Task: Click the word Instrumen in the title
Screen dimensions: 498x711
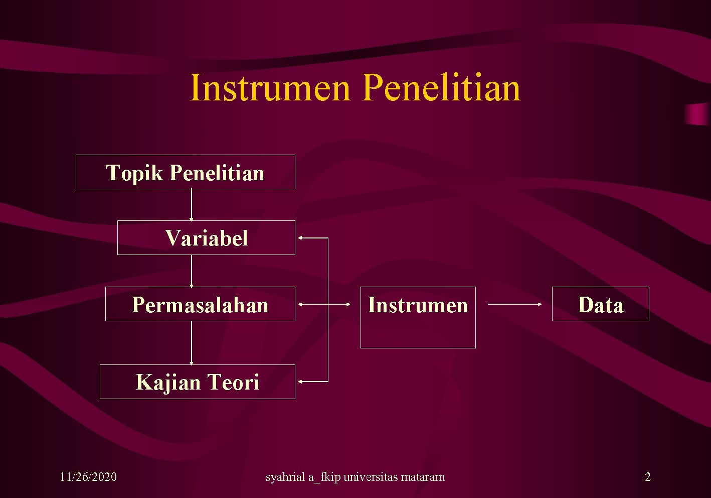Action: [269, 88]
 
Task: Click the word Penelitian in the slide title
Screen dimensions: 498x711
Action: [441, 88]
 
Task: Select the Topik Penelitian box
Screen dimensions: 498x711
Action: [185, 172]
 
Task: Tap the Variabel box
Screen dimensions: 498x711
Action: [206, 238]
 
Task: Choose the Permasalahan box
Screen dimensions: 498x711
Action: [200, 304]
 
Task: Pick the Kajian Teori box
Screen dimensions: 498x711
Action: [197, 382]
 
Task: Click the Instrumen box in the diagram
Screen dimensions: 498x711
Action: [418, 317]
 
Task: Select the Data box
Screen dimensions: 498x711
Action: [600, 304]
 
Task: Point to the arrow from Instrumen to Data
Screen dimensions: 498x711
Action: [514, 304]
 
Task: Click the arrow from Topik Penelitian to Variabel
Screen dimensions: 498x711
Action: [191, 205]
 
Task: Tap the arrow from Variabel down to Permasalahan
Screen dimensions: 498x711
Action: [191, 271]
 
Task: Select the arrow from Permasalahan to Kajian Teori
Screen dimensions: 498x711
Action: [191, 343]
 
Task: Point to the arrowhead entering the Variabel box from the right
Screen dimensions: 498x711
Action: [301, 238]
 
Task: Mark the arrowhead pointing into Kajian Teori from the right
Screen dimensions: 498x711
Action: [301, 382]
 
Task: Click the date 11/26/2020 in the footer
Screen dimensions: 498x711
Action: [88, 477]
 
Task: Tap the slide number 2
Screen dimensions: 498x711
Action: [647, 477]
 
